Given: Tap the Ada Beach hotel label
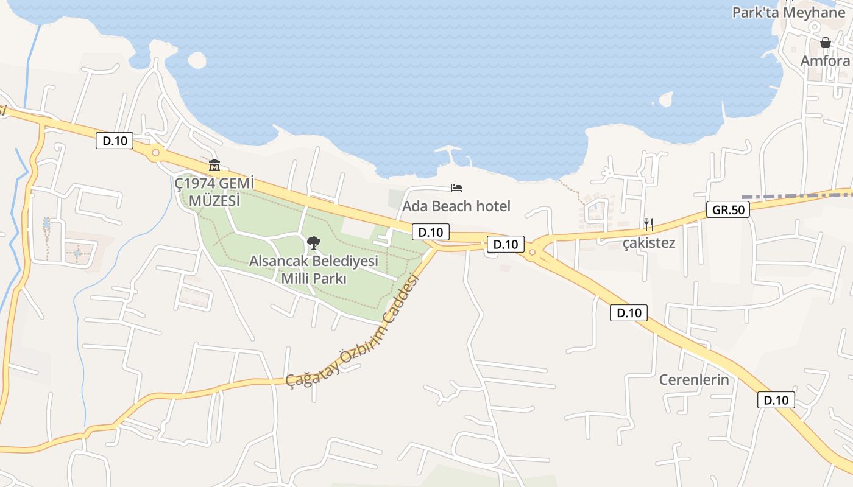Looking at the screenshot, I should [x=456, y=206].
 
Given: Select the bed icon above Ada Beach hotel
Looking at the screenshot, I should [x=456, y=187].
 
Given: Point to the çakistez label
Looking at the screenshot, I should [x=648, y=243].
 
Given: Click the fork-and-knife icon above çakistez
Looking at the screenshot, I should [x=648, y=224].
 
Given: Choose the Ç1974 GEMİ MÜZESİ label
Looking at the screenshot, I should [x=214, y=191].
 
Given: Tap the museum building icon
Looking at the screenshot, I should [x=214, y=165].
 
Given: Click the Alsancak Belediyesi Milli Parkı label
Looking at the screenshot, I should [x=314, y=270].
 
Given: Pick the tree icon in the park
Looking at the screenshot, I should [x=313, y=243].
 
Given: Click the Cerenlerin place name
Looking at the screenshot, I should [x=694, y=380].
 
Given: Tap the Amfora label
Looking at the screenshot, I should [x=825, y=61].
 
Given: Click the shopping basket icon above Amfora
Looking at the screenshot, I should [x=826, y=43].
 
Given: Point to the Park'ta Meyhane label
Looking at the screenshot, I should [x=789, y=13].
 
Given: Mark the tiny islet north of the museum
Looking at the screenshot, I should [x=197, y=60].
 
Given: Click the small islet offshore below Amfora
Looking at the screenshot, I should [x=665, y=99].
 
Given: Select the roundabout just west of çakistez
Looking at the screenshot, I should [x=533, y=251].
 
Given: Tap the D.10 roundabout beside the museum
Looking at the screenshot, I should [x=155, y=153].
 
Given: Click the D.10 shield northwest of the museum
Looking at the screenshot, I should [x=115, y=141].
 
